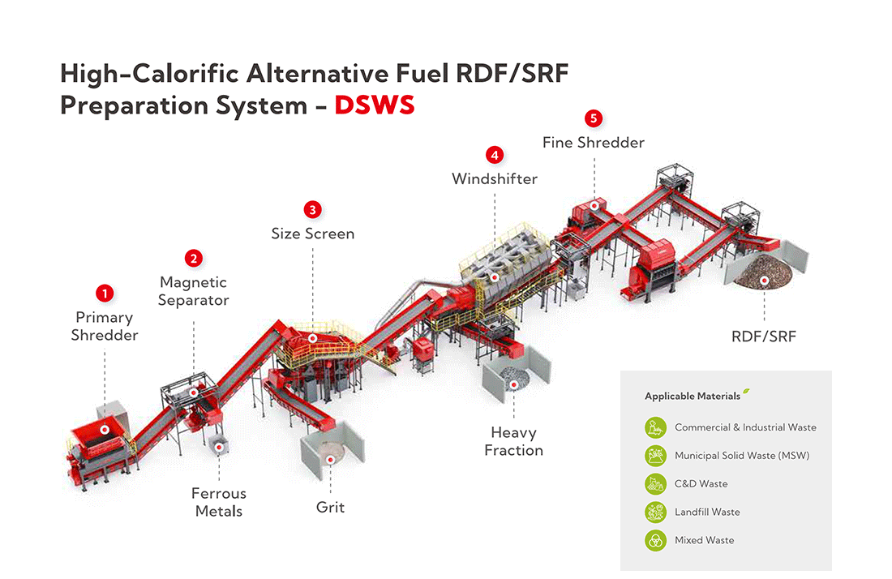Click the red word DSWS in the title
click(375, 105)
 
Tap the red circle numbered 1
click(105, 292)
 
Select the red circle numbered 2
click(193, 259)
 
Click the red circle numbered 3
click(312, 209)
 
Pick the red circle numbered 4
click(494, 154)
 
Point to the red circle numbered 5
click(594, 119)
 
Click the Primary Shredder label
click(105, 326)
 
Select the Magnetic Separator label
click(193, 291)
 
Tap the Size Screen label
click(312, 234)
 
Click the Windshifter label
click(494, 178)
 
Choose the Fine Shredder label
click(594, 143)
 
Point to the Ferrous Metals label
click(218, 502)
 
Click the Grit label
click(330, 508)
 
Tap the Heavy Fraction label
click(513, 441)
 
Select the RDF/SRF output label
click(764, 336)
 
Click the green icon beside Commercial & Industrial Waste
click(655, 427)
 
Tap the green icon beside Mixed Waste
click(655, 540)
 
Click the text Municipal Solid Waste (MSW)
click(741, 456)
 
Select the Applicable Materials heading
click(693, 397)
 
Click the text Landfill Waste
click(707, 512)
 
